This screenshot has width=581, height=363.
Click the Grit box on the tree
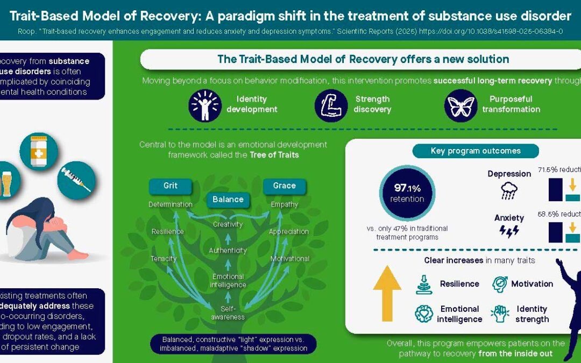[171, 186]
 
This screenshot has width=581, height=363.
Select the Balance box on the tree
[228, 200]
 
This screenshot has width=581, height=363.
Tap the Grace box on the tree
[284, 186]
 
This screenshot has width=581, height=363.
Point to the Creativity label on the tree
[228, 224]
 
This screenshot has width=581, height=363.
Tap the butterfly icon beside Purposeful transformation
[461, 105]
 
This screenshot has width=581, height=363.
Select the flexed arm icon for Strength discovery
[331, 105]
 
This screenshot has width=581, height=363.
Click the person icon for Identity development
[205, 105]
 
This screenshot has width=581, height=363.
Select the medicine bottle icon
[39, 151]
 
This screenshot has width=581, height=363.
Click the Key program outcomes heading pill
[476, 151]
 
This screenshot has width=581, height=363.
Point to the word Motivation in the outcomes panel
[532, 284]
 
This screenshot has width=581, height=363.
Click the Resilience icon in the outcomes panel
[424, 284]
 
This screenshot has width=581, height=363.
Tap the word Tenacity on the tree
[164, 259]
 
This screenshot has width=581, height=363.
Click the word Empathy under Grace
[284, 204]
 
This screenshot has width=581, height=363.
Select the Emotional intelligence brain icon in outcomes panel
[424, 314]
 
